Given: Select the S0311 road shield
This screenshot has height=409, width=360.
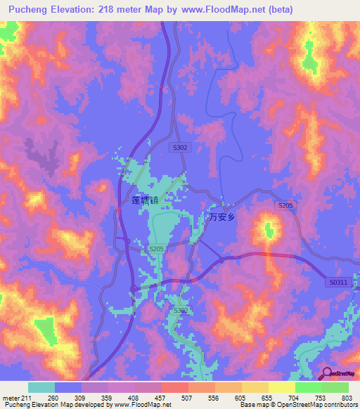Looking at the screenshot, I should click(338, 282).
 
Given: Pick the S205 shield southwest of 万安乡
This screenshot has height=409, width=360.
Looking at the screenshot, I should click(157, 249).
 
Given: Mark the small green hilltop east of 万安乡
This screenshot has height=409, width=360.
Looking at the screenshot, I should click(270, 228).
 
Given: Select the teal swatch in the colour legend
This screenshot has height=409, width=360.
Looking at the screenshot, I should click(41, 387).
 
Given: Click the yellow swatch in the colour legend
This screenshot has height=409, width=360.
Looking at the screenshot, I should click(281, 387).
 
